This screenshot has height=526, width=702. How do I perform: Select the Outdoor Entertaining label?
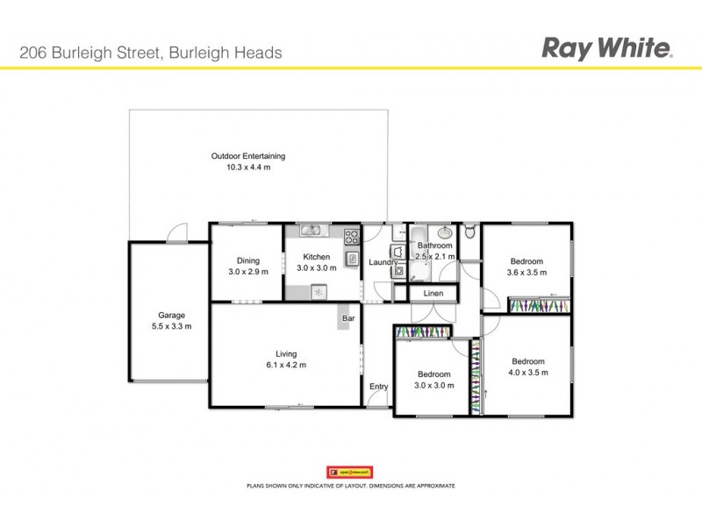248,156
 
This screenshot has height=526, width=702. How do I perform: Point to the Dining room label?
247,260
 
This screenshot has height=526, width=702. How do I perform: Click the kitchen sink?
311,231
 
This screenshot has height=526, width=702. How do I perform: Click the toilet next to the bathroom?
470,233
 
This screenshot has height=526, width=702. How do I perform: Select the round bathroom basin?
445,232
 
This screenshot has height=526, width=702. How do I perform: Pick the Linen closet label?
433,293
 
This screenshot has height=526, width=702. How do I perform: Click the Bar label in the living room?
347,319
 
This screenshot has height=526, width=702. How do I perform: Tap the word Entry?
378,387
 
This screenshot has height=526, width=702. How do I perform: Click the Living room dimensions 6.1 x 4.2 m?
286,366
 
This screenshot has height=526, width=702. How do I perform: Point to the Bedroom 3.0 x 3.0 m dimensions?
434,386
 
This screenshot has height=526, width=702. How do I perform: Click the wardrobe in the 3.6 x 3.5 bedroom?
540,305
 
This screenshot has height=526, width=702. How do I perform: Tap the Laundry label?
383,262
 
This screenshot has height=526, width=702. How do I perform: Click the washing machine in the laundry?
398,272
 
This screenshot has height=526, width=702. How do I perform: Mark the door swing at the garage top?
178,231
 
